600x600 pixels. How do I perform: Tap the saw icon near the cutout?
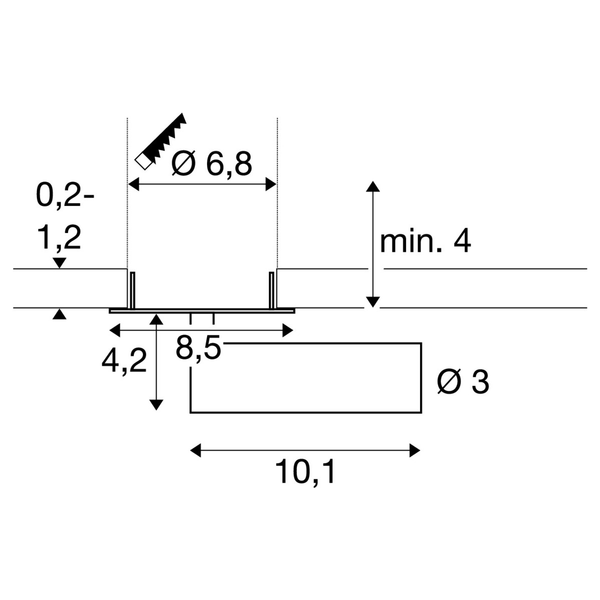point(160,141)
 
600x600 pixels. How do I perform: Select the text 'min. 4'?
point(425,242)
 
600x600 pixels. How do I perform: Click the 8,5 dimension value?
point(198,348)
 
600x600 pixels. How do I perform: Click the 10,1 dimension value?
point(305,471)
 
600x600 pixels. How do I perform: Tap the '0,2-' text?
point(65,196)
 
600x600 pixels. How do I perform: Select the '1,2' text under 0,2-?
point(59,238)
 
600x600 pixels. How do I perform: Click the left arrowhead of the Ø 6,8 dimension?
point(134,184)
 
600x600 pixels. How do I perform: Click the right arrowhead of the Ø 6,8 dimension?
point(270,184)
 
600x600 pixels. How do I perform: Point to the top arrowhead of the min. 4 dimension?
point(372,186)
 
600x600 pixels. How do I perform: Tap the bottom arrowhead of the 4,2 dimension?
point(156,405)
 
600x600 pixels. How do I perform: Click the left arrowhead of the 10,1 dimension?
point(195,450)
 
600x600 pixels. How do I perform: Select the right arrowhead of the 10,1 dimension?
point(414,450)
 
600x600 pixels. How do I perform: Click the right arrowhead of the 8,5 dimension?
point(287,330)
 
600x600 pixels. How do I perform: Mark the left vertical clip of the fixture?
point(132,290)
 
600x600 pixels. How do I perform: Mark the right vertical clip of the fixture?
point(271,290)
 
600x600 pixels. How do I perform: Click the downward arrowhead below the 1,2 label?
point(59,263)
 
